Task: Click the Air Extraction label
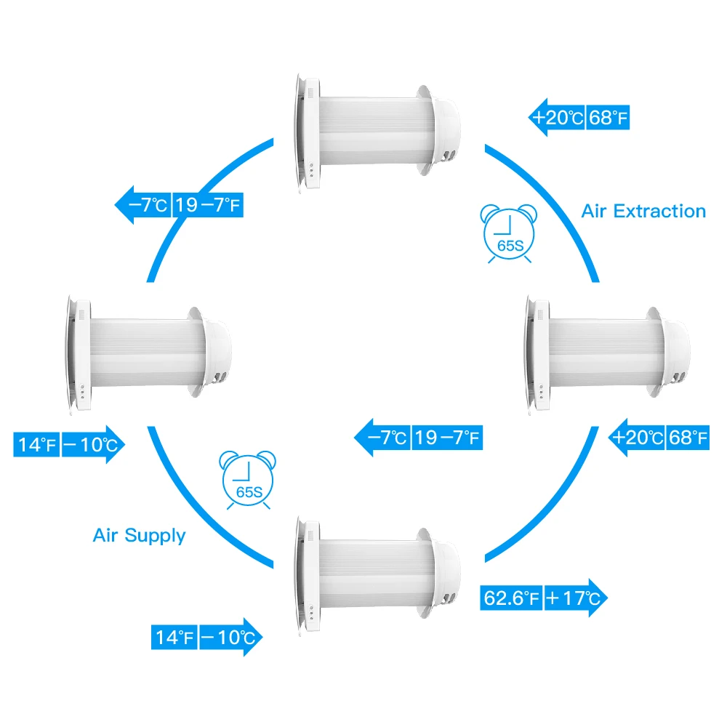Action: coord(643,212)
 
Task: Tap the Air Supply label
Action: coord(139,536)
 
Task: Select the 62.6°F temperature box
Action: coord(511,598)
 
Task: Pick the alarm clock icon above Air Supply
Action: coord(249,481)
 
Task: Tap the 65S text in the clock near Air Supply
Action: coord(249,491)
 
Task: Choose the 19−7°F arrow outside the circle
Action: coord(207,206)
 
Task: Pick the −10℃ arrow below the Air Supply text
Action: coord(227,638)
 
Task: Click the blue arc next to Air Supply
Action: coord(196,509)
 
